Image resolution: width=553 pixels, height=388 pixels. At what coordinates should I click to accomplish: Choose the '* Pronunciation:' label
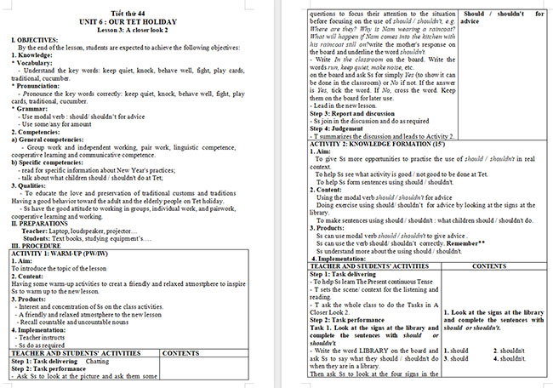39,85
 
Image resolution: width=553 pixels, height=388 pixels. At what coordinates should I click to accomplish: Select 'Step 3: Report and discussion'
357,112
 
